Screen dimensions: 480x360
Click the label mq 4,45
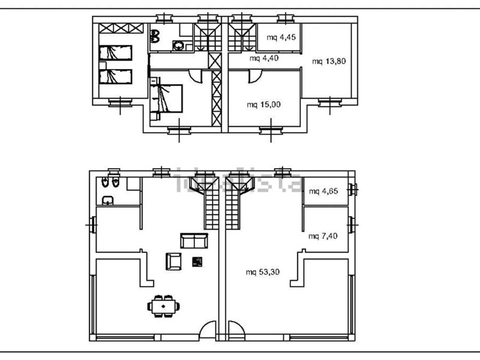(x=281, y=37)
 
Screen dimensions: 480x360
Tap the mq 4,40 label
(x=264, y=58)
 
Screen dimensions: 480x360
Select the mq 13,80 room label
(x=329, y=61)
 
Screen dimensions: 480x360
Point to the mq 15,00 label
(x=263, y=104)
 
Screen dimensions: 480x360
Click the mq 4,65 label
(x=323, y=191)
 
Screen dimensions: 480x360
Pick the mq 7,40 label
(x=323, y=236)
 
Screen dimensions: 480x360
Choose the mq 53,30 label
(x=263, y=272)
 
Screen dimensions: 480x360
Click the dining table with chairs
(x=163, y=306)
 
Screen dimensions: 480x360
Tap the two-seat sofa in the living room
(x=194, y=241)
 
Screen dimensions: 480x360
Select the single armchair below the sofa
(x=173, y=262)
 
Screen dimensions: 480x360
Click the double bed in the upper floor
(x=166, y=98)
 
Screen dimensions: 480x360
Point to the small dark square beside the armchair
(x=197, y=262)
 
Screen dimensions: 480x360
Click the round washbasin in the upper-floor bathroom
(x=178, y=46)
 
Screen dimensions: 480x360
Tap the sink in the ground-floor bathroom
(x=107, y=200)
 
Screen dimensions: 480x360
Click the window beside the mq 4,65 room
(x=352, y=190)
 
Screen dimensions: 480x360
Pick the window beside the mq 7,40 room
(x=352, y=225)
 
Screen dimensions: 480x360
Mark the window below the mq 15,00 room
(x=271, y=131)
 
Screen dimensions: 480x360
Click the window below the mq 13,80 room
(x=329, y=103)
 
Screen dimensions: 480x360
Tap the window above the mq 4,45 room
(x=286, y=19)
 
